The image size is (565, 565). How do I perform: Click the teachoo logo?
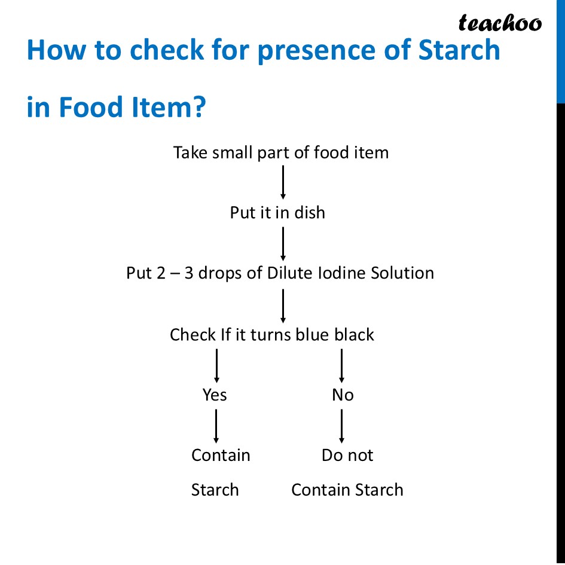(x=500, y=23)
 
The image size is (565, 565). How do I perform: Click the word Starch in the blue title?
(x=459, y=50)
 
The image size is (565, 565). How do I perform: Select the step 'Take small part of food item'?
(x=281, y=152)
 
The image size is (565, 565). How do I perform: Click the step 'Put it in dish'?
(x=277, y=213)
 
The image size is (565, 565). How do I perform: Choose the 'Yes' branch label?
(x=215, y=395)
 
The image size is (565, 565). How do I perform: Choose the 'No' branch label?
(x=343, y=395)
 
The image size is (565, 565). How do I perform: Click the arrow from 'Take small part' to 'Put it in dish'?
(x=283, y=182)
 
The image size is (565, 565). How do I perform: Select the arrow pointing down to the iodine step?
(x=283, y=243)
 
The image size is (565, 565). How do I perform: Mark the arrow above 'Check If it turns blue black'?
(x=283, y=306)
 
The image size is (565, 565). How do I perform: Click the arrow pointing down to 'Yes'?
(x=216, y=365)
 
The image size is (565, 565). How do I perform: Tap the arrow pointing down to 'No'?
(x=341, y=365)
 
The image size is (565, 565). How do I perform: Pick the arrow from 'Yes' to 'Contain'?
(x=216, y=426)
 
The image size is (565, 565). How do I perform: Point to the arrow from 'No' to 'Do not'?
(x=341, y=426)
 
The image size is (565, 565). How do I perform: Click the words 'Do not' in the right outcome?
(x=347, y=455)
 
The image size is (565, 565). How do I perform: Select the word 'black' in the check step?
(x=354, y=334)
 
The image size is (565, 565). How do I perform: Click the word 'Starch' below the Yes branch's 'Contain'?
(x=215, y=490)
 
